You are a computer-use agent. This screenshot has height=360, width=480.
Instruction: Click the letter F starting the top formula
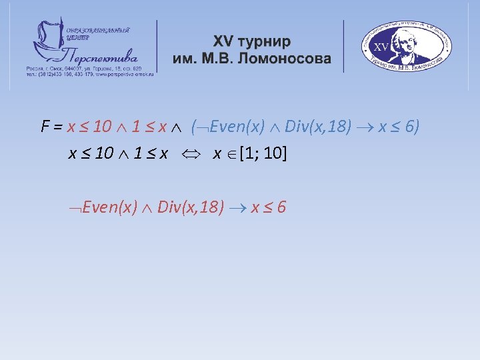tap(45, 127)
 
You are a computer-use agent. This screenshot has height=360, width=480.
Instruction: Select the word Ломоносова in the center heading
tap(290, 59)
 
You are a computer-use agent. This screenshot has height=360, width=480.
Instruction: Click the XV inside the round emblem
tap(381, 47)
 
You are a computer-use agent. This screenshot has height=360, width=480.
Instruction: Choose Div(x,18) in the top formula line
tap(318, 127)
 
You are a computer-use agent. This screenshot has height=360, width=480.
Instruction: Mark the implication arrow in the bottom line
tap(238, 208)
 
